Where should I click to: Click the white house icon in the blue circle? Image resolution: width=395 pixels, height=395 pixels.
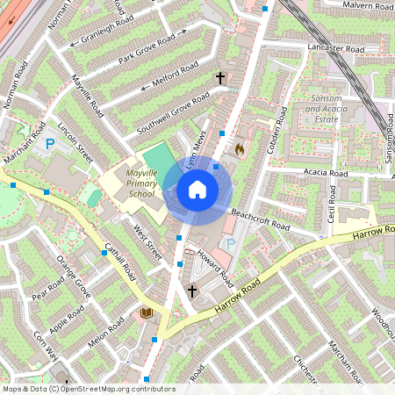197,190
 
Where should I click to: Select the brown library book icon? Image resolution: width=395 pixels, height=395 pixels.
146,312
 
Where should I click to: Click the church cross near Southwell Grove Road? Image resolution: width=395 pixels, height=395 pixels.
220,79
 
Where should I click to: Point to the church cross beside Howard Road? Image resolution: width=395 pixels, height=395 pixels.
192,291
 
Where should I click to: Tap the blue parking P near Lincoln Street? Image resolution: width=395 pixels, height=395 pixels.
50,142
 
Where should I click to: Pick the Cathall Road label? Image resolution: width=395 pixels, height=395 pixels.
118,259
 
